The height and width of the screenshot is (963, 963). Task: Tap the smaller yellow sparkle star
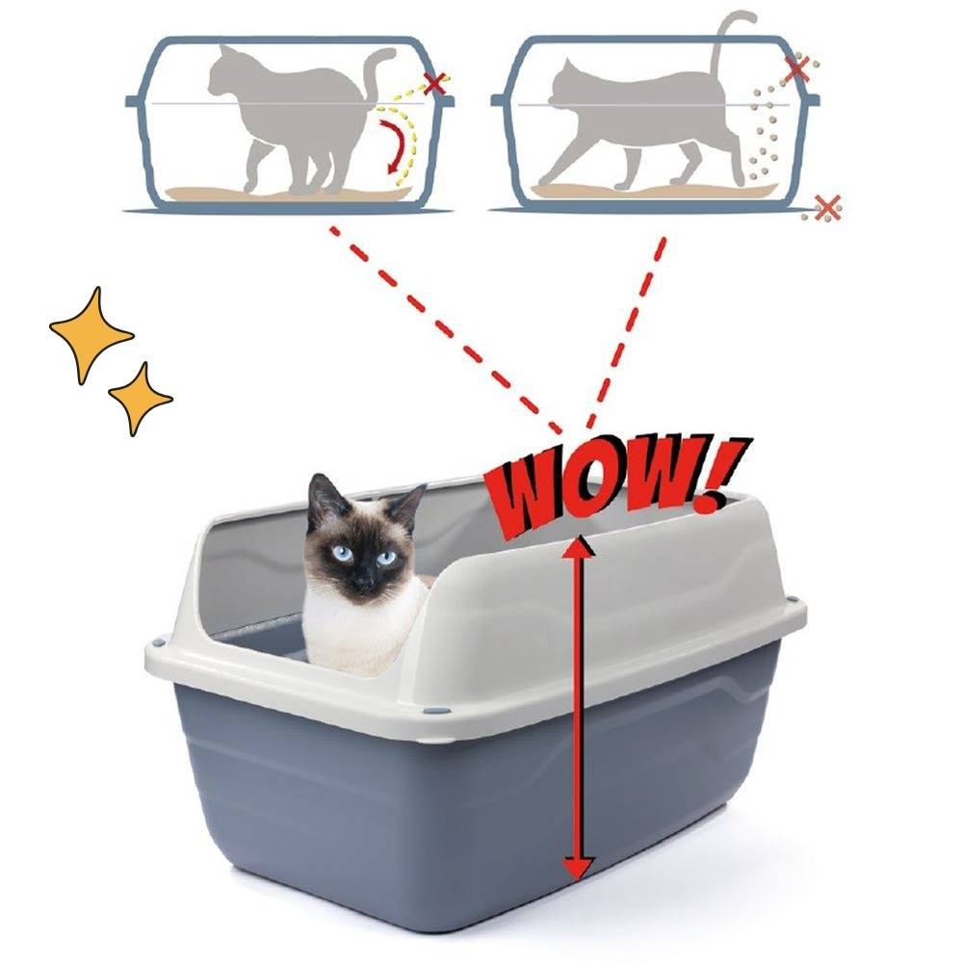pyautogui.click(x=140, y=397)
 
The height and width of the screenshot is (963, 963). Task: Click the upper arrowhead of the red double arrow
pyautogui.click(x=578, y=547)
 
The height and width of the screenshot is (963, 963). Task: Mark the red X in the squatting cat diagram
pyautogui.click(x=435, y=83)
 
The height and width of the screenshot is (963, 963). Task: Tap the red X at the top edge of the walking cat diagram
pyautogui.click(x=796, y=68)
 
